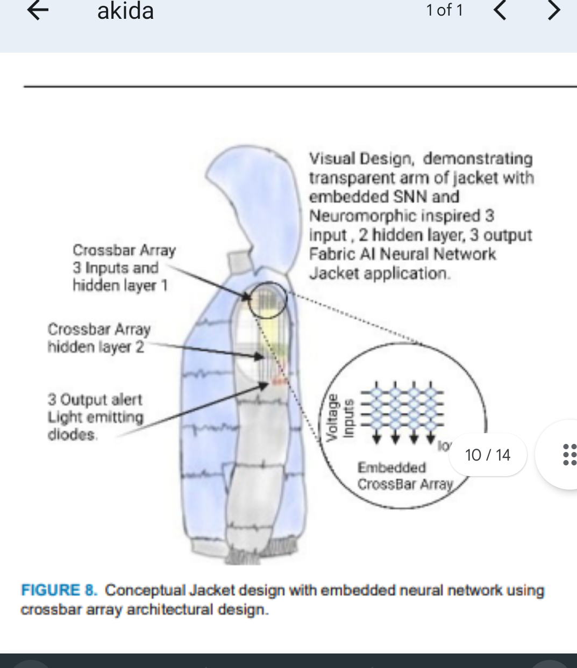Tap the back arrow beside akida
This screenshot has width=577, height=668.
pos(38,11)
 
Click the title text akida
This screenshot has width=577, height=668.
pos(125,11)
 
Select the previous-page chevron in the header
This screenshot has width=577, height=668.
pos(500,10)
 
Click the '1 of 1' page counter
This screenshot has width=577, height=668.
pos(444,10)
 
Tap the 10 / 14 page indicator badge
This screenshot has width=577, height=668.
pos(487,455)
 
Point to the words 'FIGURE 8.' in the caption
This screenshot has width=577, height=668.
pos(59,590)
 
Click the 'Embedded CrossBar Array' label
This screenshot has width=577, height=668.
pos(405,476)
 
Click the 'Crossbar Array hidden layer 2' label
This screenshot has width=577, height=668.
pos(98,338)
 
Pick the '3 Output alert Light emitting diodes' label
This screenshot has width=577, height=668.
pos(95,417)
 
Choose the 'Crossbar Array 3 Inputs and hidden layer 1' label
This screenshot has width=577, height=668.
pos(124,268)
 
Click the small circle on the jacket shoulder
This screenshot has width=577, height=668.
pos(267,299)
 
